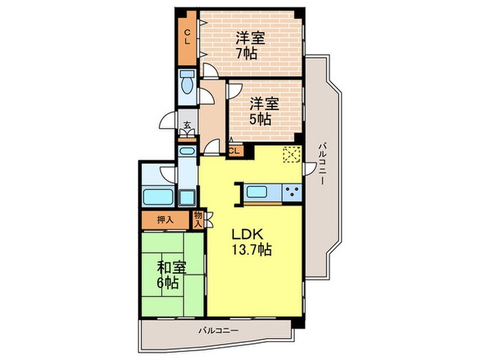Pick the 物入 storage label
[x=198, y=219]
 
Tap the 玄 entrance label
[x=187, y=125]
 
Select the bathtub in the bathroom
[x=159, y=197]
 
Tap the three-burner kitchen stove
[x=291, y=191]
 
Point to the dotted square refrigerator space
[x=291, y=155]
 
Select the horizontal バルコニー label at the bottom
[x=219, y=332]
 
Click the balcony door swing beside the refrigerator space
[x=309, y=167]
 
